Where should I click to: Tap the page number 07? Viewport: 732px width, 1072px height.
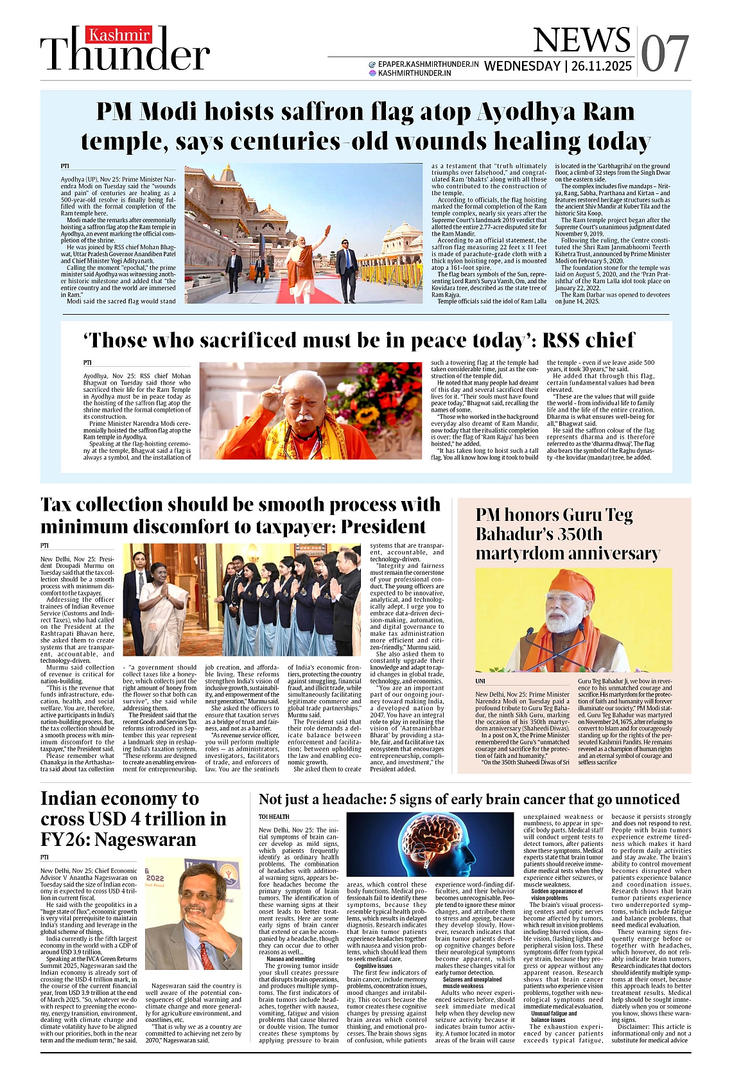click(x=665, y=53)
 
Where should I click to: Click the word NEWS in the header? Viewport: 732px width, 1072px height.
click(x=581, y=40)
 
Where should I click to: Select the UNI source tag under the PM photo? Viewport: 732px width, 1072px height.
click(x=480, y=681)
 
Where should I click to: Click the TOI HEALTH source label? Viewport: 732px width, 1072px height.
click(x=274, y=817)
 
